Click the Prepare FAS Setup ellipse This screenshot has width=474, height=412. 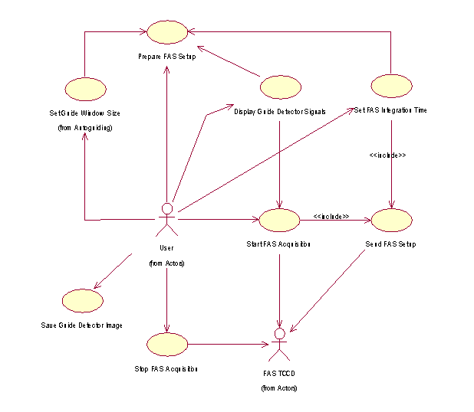pos(166,32)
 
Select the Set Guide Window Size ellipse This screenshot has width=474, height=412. pos(84,87)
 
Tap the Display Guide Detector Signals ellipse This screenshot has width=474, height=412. pos(279,87)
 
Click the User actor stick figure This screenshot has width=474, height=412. pos(166,220)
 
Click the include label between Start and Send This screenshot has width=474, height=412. pos(331,217)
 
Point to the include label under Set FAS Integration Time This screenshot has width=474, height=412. pos(387,155)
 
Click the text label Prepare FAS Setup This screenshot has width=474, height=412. pos(166,57)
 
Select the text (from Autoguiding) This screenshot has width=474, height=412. pos(85,127)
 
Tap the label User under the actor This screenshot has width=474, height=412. pos(166,248)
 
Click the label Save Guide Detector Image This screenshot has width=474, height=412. pos(82,325)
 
